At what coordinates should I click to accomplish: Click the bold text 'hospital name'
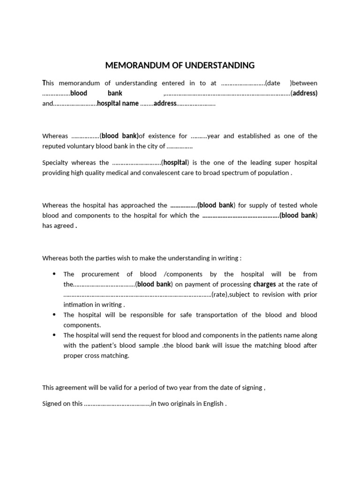[x=118, y=104]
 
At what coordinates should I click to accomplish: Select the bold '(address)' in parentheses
[x=304, y=93]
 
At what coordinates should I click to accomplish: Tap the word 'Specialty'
[x=55, y=163]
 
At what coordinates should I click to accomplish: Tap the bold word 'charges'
[x=264, y=285]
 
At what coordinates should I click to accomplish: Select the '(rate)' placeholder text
[x=220, y=295]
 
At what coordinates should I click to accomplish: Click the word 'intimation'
[x=78, y=305]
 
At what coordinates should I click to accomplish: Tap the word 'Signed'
[x=52, y=404]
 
